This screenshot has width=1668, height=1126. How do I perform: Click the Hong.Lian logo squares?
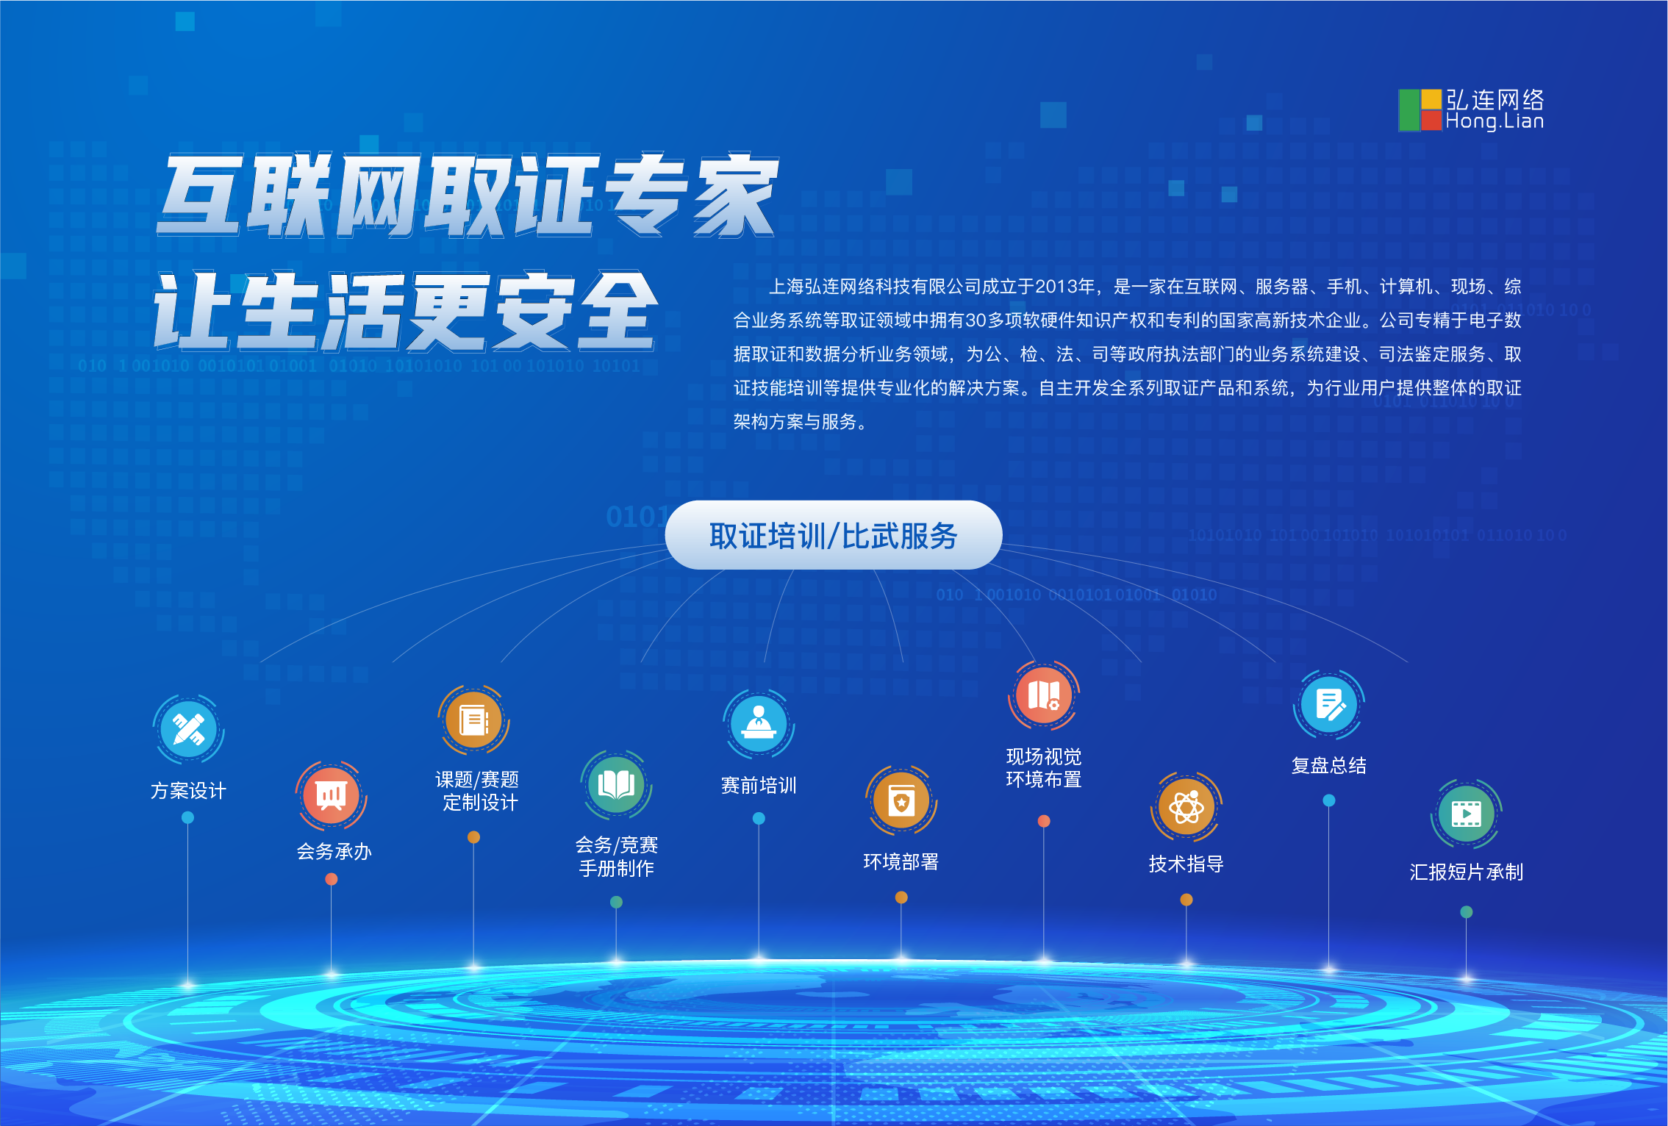[1420, 110]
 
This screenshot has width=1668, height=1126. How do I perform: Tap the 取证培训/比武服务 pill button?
[833, 535]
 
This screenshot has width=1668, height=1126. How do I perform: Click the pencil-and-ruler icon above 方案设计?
[188, 729]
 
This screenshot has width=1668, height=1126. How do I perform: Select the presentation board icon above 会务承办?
[332, 796]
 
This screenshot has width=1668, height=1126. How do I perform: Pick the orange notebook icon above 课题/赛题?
[473, 720]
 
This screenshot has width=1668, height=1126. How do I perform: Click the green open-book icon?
[616, 785]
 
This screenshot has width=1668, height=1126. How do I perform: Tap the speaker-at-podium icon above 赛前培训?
[759, 724]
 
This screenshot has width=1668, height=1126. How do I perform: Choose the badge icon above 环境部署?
[901, 800]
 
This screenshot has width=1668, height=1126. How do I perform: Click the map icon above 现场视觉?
[1044, 695]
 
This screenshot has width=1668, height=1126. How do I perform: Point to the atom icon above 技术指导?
[1186, 807]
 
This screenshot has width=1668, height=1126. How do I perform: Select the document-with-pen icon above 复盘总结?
[1329, 705]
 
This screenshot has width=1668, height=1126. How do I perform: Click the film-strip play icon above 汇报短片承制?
[1467, 814]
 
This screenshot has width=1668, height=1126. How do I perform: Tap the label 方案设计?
[188, 791]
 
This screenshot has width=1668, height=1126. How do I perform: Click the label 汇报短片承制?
[1467, 872]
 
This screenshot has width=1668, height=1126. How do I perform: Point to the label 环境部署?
[901, 861]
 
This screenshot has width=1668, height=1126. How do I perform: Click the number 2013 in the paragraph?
[1056, 287]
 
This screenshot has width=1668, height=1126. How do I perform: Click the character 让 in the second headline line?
[193, 310]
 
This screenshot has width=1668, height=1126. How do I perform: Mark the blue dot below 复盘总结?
[1329, 800]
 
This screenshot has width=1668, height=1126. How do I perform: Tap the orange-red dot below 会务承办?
[332, 879]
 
